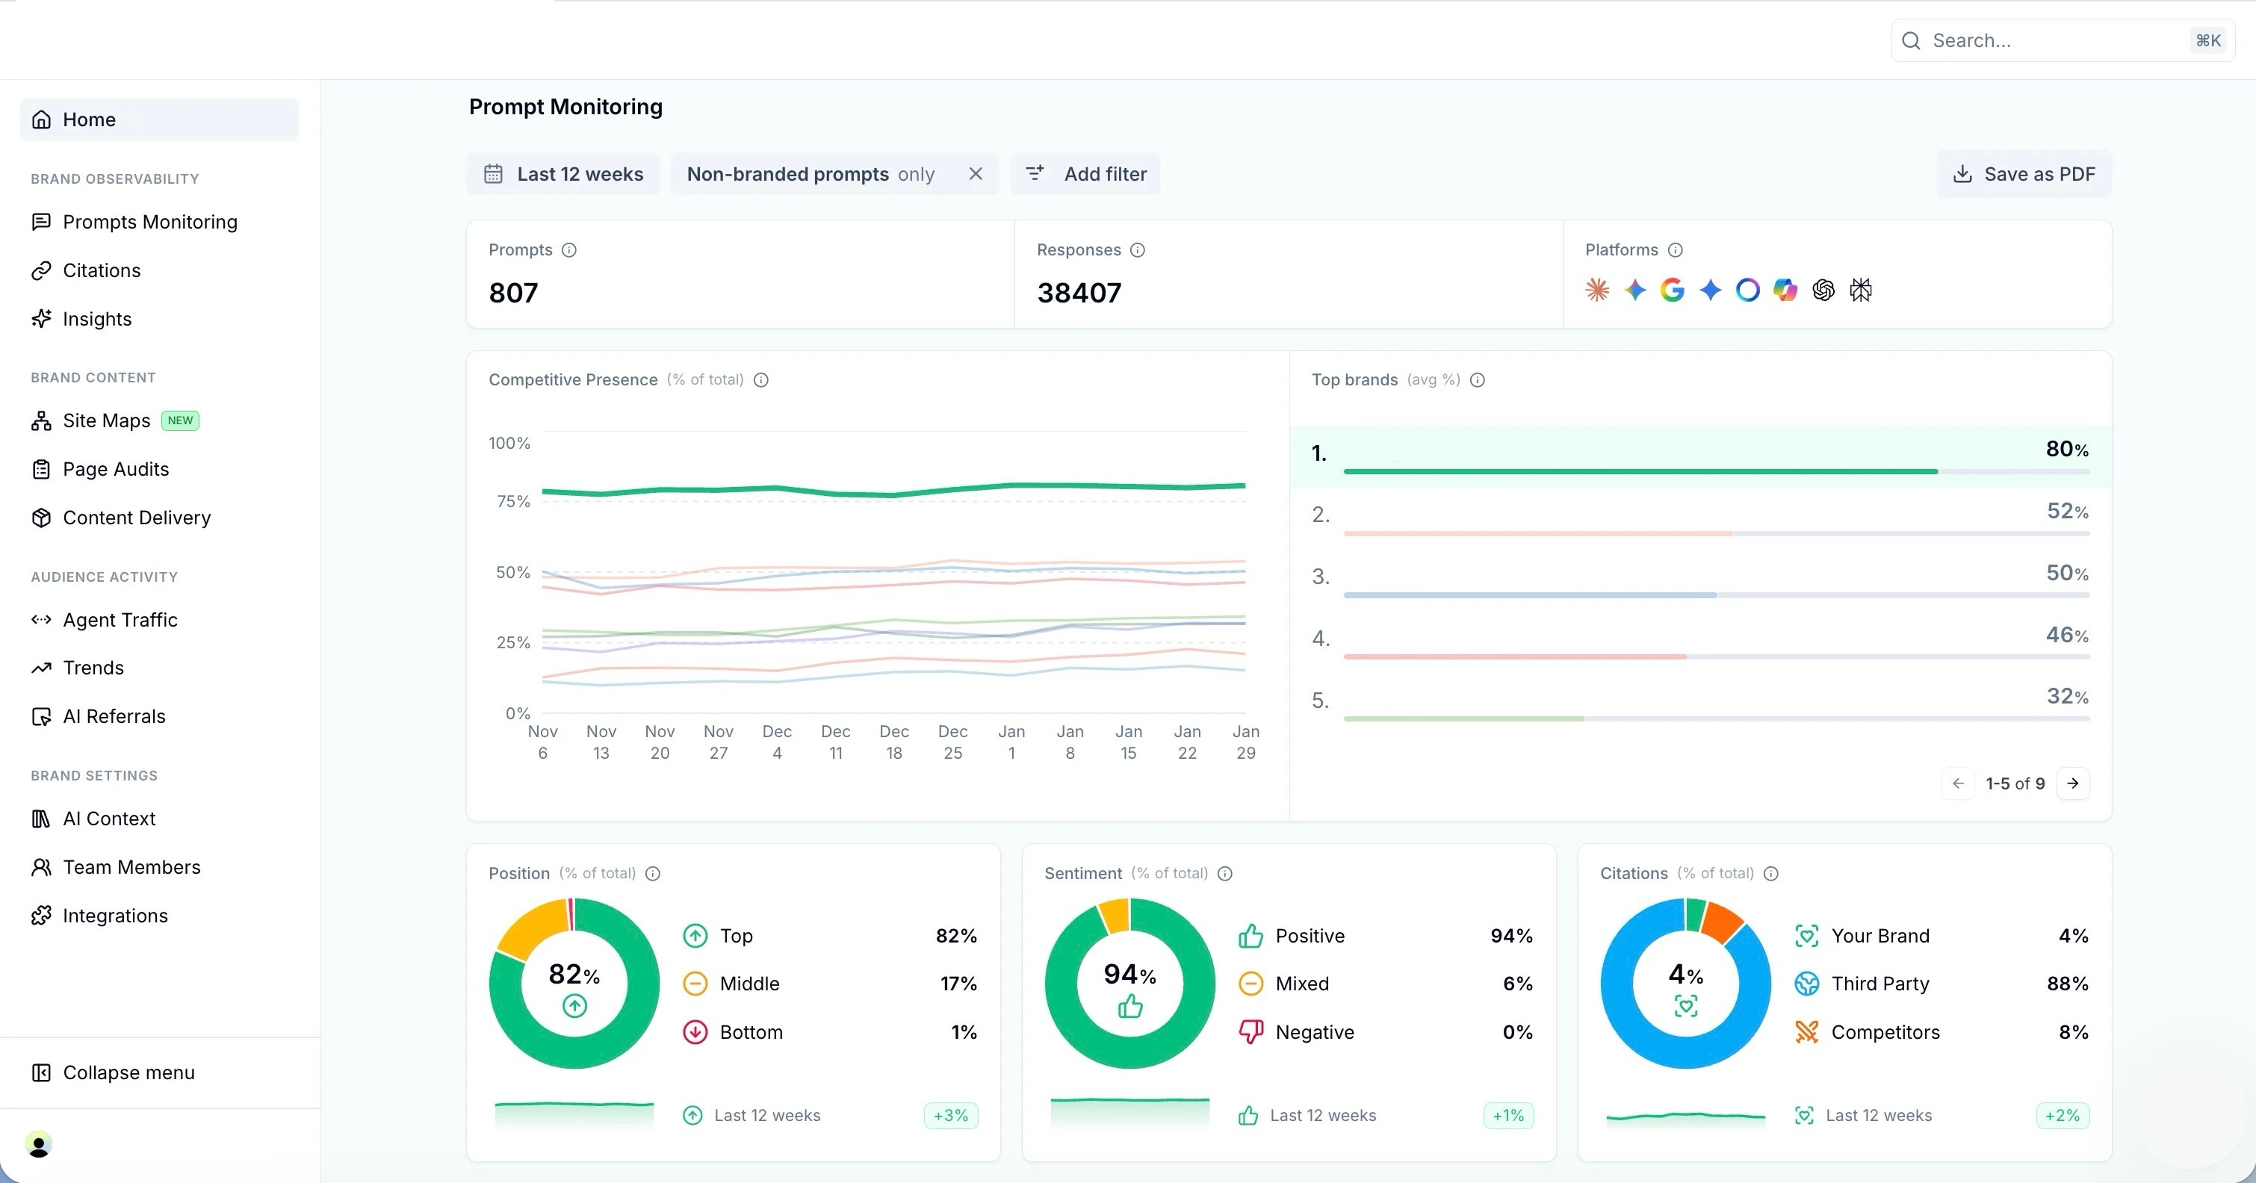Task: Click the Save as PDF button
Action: click(x=2024, y=174)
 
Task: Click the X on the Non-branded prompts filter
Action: click(x=976, y=174)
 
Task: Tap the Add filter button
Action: click(x=1086, y=174)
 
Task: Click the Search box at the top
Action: click(x=2063, y=40)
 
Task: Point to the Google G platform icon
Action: click(x=1673, y=290)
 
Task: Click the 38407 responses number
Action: click(x=1079, y=293)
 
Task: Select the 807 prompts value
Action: click(x=513, y=293)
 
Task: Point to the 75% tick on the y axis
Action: click(x=513, y=502)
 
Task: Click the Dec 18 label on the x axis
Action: click(x=894, y=742)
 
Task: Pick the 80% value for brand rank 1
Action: click(x=2067, y=449)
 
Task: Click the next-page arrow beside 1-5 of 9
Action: click(x=2073, y=783)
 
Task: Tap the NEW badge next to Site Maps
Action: click(x=181, y=420)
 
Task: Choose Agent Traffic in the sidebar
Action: click(x=120, y=620)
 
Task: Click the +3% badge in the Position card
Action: click(x=951, y=1116)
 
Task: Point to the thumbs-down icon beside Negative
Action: click(x=1251, y=1032)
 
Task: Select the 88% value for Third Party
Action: click(x=2067, y=984)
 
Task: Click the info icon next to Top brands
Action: click(x=1478, y=380)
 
